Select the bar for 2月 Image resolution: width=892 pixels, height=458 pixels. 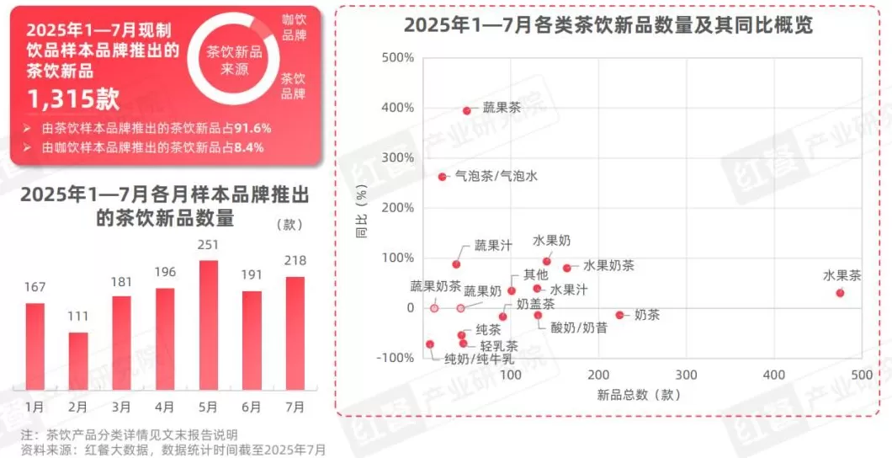pyautogui.click(x=78, y=360)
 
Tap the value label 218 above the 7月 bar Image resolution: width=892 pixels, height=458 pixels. pyautogui.click(x=295, y=260)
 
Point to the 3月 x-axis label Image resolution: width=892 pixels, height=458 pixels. pyautogui.click(x=121, y=407)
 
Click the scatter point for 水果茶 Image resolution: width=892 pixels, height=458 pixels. pyautogui.click(x=840, y=292)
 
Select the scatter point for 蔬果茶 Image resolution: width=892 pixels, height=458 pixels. pyautogui.click(x=466, y=110)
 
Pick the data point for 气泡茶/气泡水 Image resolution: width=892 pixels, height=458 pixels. pyautogui.click(x=442, y=177)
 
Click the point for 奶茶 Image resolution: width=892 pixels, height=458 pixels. pyautogui.click(x=619, y=315)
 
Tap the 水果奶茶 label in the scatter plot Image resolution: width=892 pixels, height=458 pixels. pyautogui.click(x=608, y=265)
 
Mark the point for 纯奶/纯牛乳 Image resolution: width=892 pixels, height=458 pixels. pyautogui.click(x=430, y=344)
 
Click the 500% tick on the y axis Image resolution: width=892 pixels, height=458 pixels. pyautogui.click(x=398, y=58)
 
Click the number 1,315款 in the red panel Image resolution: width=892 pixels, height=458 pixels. pyautogui.click(x=73, y=99)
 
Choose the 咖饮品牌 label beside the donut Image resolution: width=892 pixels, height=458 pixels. pyautogui.click(x=294, y=27)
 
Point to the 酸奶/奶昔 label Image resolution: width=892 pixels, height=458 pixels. pyautogui.click(x=578, y=328)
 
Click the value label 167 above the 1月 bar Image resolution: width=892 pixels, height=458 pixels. pyautogui.click(x=35, y=287)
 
